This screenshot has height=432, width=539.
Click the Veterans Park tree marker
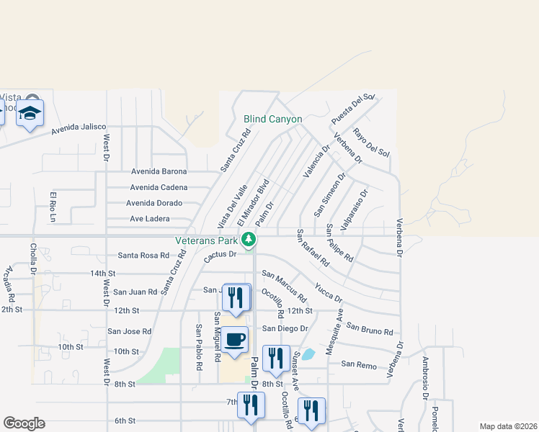point(249,239)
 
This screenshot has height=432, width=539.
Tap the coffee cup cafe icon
point(235,339)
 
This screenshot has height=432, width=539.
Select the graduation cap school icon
point(30,113)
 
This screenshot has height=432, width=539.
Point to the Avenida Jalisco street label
point(79,130)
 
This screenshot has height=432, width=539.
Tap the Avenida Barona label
point(159,171)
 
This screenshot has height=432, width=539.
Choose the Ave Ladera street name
point(149,219)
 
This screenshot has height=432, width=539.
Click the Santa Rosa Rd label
point(143,256)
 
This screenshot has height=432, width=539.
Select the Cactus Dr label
point(220,255)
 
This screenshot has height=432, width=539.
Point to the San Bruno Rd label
point(370,328)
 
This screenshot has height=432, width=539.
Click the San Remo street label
point(358,366)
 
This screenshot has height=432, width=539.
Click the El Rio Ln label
point(53,207)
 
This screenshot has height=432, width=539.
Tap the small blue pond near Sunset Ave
point(308,354)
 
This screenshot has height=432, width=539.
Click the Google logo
point(24,423)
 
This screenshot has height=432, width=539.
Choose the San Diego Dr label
point(285,328)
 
